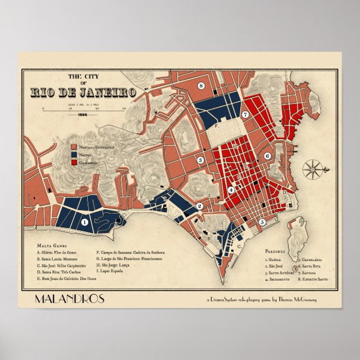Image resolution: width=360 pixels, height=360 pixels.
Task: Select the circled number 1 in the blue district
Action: [84, 221]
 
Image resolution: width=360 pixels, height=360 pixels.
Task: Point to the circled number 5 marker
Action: [262, 221]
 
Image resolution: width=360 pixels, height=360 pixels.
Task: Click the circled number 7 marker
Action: [245, 115]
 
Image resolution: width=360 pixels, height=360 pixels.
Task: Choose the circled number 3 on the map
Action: [199, 160]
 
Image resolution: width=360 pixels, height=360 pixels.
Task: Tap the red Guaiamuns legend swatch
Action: [74, 162]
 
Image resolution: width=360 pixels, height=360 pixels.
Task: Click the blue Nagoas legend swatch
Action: [74, 154]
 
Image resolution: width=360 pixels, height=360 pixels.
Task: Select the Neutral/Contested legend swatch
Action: [74, 146]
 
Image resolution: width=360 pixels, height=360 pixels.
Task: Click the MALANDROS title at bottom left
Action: [69, 299]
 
